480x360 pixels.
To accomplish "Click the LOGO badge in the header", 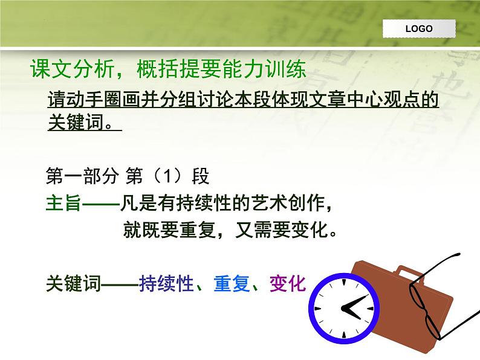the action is pos(419,29).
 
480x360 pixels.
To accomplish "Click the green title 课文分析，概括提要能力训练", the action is pos(168,69).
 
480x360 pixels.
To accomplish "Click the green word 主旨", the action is pos(63,203).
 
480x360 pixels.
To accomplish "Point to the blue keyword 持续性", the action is pos(166,283).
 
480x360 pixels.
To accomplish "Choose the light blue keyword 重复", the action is pos(232,283).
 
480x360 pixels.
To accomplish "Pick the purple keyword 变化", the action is pos(288,283).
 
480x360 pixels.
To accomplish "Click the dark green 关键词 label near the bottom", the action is pos(73,283).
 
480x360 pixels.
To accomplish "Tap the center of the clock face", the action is pos(344,308).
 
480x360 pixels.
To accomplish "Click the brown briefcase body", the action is pos(414,309).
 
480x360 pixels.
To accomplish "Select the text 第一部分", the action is pos(82,176).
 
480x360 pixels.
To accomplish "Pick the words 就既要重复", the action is pos(169,230).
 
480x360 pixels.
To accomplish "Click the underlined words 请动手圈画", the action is pos(85,100).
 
